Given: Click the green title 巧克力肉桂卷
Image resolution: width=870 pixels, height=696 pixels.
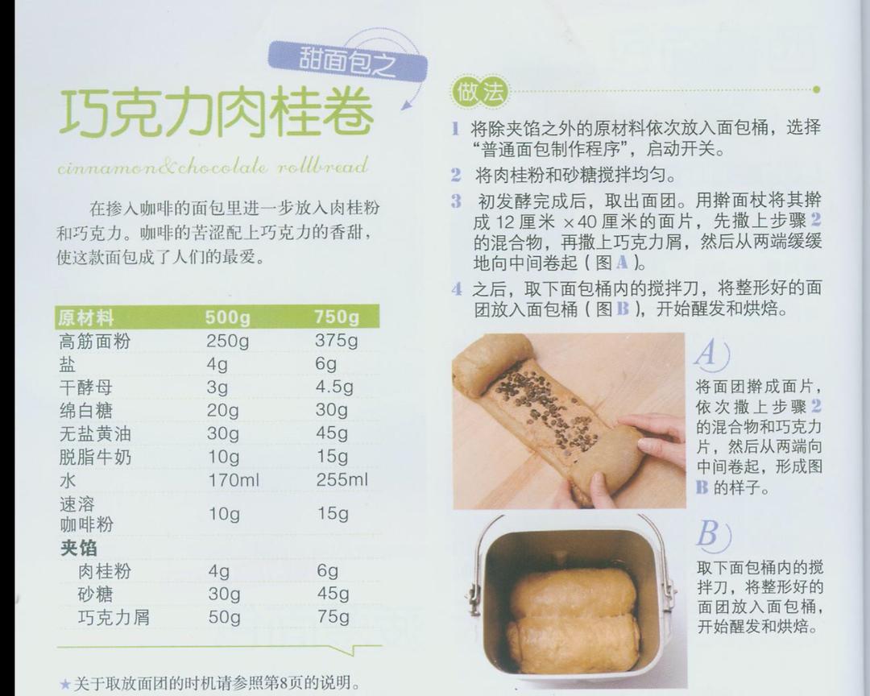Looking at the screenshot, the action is pos(216,112).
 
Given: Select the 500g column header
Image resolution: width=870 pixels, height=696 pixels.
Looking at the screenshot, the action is pos(227,317).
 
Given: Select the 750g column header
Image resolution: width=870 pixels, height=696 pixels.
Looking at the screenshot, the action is pos(337,317).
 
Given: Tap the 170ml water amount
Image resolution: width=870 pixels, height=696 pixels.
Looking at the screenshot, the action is pos(234,480).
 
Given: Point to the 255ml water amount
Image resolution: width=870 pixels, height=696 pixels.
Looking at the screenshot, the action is pos(342,479).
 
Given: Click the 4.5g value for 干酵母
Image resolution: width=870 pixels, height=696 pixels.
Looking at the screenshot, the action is pos(334,387).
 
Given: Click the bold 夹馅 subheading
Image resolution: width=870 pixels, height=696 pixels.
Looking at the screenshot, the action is pos(79,548).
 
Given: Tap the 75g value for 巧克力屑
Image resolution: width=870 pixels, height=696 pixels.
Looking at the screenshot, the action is pos(333,616).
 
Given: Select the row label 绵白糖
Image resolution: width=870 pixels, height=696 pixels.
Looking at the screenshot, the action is pos(86,410).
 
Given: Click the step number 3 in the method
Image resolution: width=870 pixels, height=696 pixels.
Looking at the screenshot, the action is pos(456,201).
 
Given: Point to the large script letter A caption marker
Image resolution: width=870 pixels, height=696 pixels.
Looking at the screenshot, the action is pos(711,354).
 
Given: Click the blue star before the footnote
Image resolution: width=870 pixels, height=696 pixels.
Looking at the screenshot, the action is pos(65,685).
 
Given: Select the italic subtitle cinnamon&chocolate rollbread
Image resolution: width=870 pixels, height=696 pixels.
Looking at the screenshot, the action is pos(213,165).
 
